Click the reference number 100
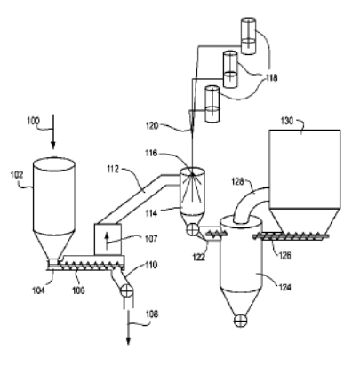[x=33, y=121]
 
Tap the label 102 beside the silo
[x=17, y=175]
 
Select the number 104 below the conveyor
[x=38, y=290]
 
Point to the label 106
[x=78, y=290]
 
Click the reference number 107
[x=151, y=238]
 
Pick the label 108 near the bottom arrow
[x=152, y=314]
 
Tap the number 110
[x=151, y=265]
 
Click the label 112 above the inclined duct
[x=113, y=169]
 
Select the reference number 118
[x=272, y=78]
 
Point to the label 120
[x=152, y=126]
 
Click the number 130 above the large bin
[x=287, y=121]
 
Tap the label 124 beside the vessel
[x=284, y=287]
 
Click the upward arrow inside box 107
[x=107, y=241]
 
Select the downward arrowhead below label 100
[x=53, y=146]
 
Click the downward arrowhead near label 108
[x=128, y=341]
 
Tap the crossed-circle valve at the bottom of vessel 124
[x=240, y=321]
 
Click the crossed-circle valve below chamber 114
[x=193, y=229]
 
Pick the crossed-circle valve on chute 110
[x=126, y=290]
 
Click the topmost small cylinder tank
[x=248, y=36]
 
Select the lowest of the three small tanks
[x=212, y=104]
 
